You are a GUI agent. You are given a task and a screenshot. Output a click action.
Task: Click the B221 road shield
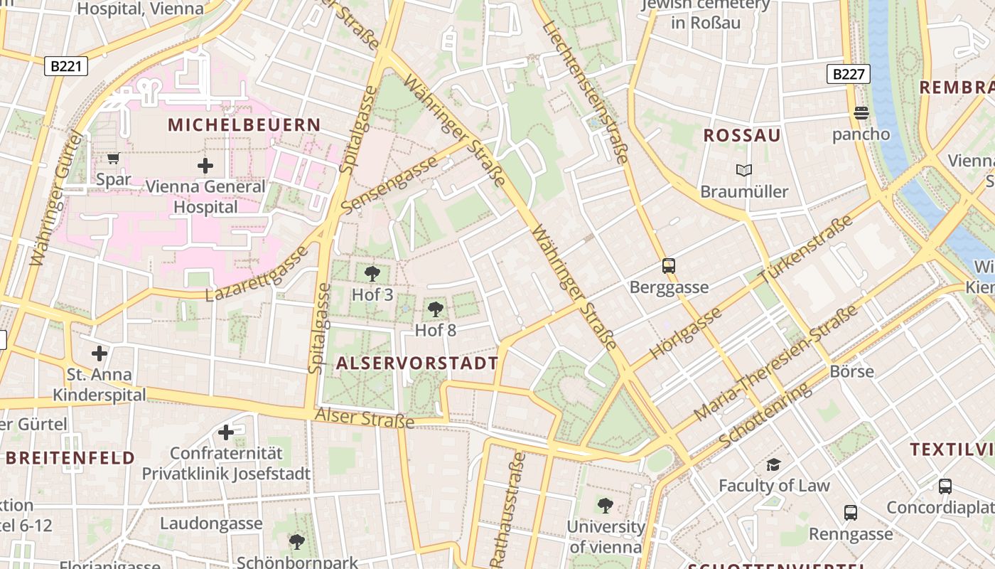pyautogui.click(x=67, y=66)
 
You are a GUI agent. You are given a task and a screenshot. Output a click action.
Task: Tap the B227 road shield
pyautogui.click(x=849, y=74)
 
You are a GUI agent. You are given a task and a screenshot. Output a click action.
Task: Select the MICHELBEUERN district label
pyautogui.click(x=244, y=124)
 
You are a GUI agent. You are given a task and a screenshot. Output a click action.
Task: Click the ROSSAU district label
pyautogui.click(x=742, y=135)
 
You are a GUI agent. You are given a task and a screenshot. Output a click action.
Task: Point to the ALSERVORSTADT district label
pyautogui.click(x=416, y=363)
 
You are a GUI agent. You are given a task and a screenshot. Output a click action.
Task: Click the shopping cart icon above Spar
pyautogui.click(x=113, y=158)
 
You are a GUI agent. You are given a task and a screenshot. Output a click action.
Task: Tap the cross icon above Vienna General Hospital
pyautogui.click(x=205, y=166)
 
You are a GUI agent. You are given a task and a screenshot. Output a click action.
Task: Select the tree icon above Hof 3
pyautogui.click(x=372, y=274)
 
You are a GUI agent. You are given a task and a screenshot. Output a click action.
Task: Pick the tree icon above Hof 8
pyautogui.click(x=436, y=309)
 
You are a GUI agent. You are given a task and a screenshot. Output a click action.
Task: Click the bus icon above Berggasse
pyautogui.click(x=669, y=266)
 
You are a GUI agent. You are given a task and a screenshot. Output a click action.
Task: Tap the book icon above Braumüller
pyautogui.click(x=744, y=171)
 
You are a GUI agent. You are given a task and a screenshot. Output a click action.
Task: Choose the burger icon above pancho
pyautogui.click(x=861, y=113)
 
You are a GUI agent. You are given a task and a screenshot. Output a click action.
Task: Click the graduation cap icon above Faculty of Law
pyautogui.click(x=773, y=464)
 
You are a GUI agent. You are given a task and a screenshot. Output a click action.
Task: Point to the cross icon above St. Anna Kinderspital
pyautogui.click(x=99, y=353)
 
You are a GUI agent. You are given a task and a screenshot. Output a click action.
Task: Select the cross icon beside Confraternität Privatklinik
pyautogui.click(x=226, y=432)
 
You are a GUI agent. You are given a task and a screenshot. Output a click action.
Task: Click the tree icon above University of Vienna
pyautogui.click(x=606, y=506)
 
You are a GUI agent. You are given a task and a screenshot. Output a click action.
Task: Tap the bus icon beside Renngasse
pyautogui.click(x=851, y=513)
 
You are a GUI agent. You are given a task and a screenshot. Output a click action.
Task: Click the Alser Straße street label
pyautogui.click(x=365, y=418)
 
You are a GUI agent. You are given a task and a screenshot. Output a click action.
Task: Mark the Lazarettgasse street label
pyautogui.click(x=257, y=274)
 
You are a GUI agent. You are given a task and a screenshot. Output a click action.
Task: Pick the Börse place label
pyautogui.click(x=851, y=371)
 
